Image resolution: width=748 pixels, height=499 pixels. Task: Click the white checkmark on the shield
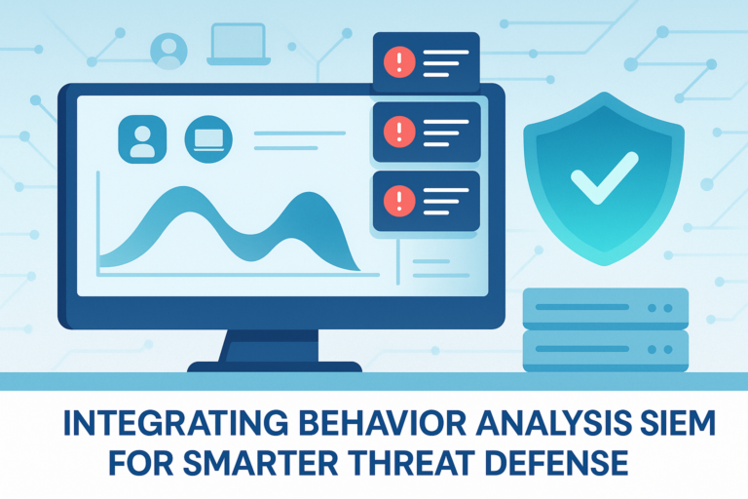click(604, 176)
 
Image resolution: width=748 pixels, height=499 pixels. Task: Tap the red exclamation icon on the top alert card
click(400, 62)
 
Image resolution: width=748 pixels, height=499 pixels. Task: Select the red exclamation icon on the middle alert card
click(400, 131)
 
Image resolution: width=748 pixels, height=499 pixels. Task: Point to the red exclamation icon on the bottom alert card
click(400, 201)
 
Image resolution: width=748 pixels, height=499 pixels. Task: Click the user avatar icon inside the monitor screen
click(142, 137)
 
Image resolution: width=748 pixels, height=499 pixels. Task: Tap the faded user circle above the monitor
click(168, 47)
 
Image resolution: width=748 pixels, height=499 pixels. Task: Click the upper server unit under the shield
click(605, 307)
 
